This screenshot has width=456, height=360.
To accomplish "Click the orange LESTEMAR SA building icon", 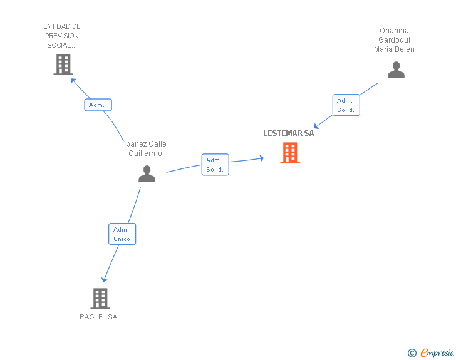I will (x=289, y=153).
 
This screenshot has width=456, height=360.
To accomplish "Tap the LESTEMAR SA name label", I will (x=288, y=133).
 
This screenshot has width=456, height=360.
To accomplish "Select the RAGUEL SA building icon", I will (x=100, y=299).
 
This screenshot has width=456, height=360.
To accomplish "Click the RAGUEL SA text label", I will (x=98, y=317).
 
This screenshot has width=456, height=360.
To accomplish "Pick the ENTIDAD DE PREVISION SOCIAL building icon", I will (x=63, y=64).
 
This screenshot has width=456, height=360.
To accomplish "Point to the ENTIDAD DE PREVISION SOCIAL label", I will (x=62, y=36).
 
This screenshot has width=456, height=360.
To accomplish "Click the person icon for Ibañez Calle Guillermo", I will (x=147, y=173).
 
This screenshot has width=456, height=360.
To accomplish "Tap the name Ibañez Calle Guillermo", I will (x=145, y=148).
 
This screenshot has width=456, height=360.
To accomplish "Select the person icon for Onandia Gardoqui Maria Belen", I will (x=396, y=70).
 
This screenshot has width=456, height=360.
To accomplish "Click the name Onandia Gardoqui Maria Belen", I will (x=394, y=40).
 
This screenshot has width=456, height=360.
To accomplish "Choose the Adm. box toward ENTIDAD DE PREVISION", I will (x=98, y=105).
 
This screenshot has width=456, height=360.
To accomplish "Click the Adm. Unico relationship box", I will (x=122, y=234).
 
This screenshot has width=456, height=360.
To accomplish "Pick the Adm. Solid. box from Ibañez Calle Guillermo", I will (x=215, y=165).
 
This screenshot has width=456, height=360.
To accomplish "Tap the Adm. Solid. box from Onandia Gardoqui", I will (x=346, y=105).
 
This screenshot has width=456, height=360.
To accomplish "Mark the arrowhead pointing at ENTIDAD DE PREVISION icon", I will (x=73, y=80).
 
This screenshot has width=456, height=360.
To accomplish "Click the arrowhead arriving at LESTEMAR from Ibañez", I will (x=261, y=158).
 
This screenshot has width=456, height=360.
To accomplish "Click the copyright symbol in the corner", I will (x=412, y=353).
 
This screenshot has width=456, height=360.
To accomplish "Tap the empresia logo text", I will (x=437, y=353).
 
